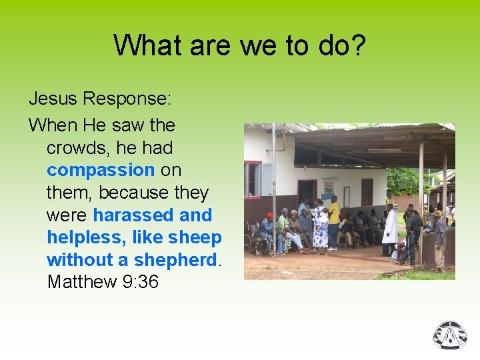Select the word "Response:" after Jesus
[127, 99]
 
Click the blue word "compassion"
[101, 170]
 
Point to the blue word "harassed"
[133, 215]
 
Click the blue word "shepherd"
[176, 260]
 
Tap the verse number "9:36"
[141, 282]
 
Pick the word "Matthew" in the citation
[82, 282]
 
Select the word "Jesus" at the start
[53, 99]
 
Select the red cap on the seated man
[269, 216]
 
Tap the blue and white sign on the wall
[328, 187]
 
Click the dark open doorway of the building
[307, 193]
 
